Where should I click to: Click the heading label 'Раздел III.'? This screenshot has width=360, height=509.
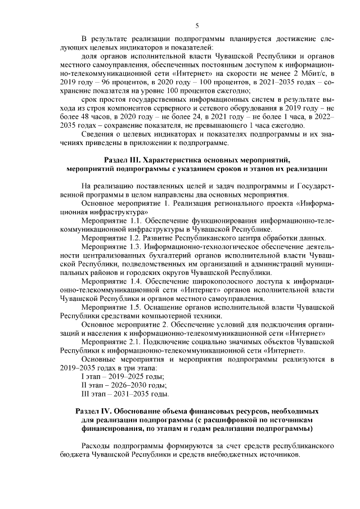pos(124,160)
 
